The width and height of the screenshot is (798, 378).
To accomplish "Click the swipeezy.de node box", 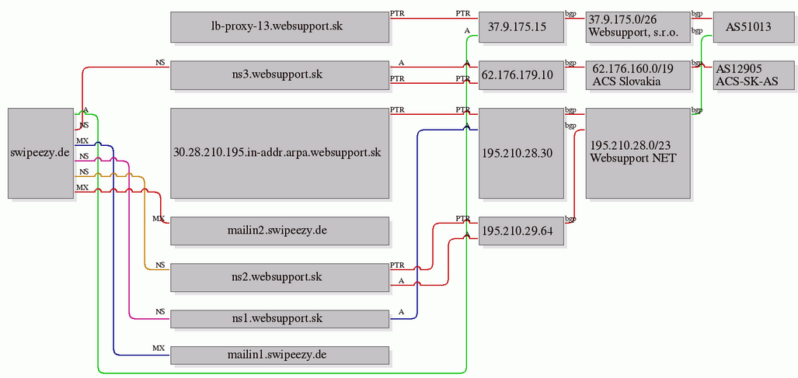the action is pos(40,153).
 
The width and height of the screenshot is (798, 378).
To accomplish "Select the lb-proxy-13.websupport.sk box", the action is pos(280,27).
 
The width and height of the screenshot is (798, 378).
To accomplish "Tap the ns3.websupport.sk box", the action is pos(280,75).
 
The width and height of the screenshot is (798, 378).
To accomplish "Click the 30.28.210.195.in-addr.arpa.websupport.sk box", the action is pos(280,153).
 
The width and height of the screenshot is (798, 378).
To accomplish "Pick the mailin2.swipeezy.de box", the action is pos(280,231).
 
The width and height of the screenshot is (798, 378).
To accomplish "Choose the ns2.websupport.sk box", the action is pos(280,277).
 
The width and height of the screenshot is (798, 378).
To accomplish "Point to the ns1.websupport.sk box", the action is pos(280,319).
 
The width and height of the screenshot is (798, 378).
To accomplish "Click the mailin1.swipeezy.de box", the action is pos(280,355).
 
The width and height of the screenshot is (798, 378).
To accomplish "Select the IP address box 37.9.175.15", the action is pos(521,27).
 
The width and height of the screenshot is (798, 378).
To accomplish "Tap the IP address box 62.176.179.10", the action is pos(521,75).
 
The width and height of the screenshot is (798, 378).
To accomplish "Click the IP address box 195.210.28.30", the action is pos(521,153).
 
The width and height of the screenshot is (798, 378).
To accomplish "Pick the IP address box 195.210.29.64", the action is pos(521,231).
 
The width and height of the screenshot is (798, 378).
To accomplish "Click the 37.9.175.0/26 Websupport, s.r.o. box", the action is pos(638,27).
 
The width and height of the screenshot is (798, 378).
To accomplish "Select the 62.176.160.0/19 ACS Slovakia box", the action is pos(638,75).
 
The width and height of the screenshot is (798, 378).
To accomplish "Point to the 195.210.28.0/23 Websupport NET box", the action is pos(638,153).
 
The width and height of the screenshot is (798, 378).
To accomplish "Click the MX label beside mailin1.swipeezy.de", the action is pos(159,348).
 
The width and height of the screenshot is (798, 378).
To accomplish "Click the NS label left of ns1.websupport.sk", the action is pos(160,311).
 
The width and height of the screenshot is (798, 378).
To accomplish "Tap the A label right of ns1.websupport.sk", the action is pos(402,311).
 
